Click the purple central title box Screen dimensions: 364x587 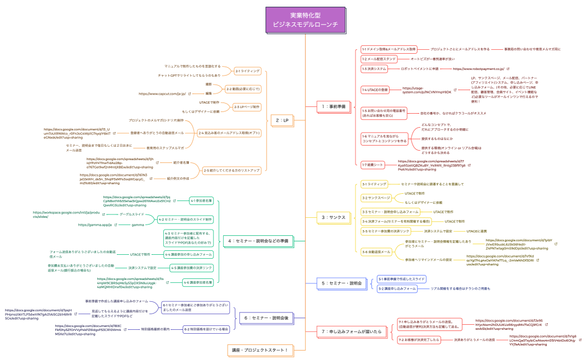click(x=305, y=20)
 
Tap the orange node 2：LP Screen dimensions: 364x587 click(x=282, y=120)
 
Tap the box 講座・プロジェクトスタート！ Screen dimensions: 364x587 click(x=259, y=351)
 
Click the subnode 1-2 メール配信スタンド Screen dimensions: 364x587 click(x=378, y=58)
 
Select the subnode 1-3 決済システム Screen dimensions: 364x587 click(x=374, y=69)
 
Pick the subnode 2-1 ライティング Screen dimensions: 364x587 click(x=247, y=71)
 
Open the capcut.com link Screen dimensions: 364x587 click(x=162, y=94)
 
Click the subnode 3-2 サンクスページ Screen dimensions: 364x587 click(x=376, y=198)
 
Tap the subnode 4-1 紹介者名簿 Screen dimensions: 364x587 click(x=202, y=200)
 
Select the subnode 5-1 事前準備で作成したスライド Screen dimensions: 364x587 click(x=403, y=279)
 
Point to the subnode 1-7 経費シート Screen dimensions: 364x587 click(x=373, y=164)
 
